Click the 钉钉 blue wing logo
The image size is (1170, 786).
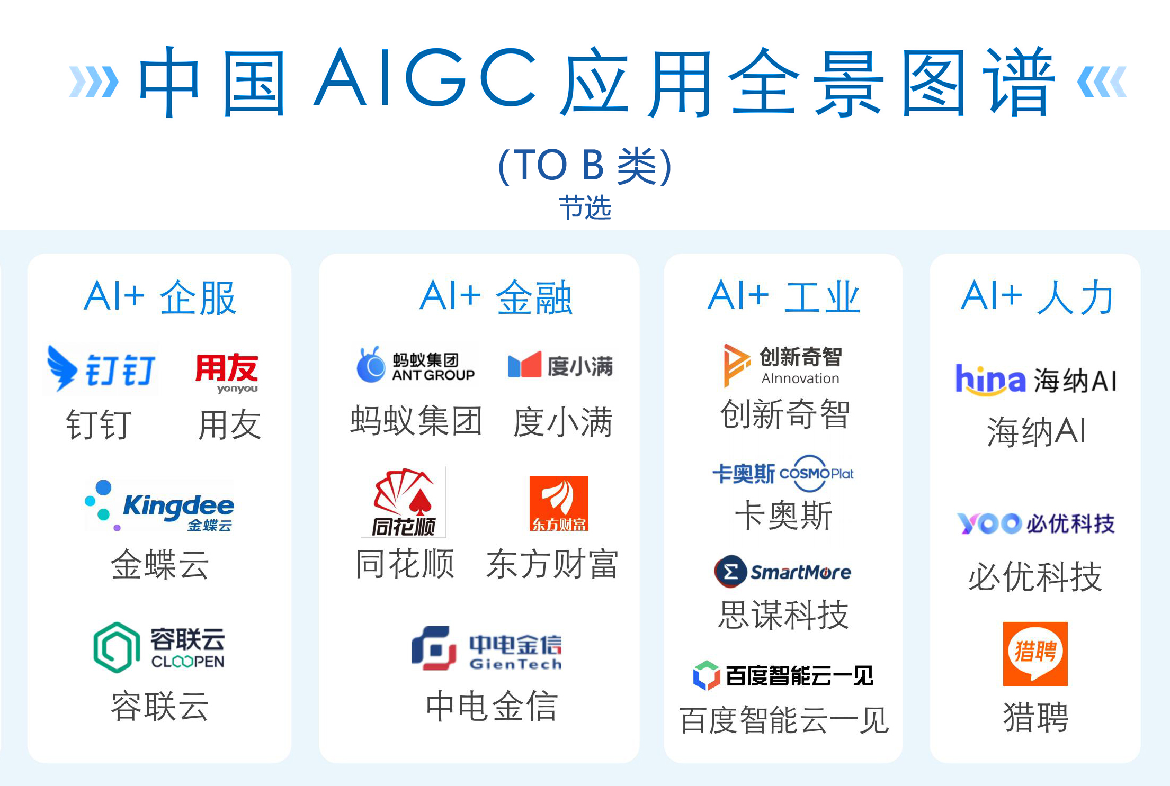62,368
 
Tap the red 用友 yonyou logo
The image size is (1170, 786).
227,373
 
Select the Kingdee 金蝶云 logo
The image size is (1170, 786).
159,505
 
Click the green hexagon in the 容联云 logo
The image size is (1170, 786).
117,647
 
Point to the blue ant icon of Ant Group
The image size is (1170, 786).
371,365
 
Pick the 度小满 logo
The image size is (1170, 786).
560,365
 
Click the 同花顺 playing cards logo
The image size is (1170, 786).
404,502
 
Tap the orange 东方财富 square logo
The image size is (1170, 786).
559,503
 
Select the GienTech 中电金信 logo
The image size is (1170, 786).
487,648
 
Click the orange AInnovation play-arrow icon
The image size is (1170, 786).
736,365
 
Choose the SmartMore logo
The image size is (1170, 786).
783,572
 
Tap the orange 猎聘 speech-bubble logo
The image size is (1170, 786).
1035,654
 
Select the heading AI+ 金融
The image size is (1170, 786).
496,297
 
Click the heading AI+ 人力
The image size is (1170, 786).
1037,297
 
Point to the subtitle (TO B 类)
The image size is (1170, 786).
585,166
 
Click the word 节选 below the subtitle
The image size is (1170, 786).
585,207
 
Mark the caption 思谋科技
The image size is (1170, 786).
783,615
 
